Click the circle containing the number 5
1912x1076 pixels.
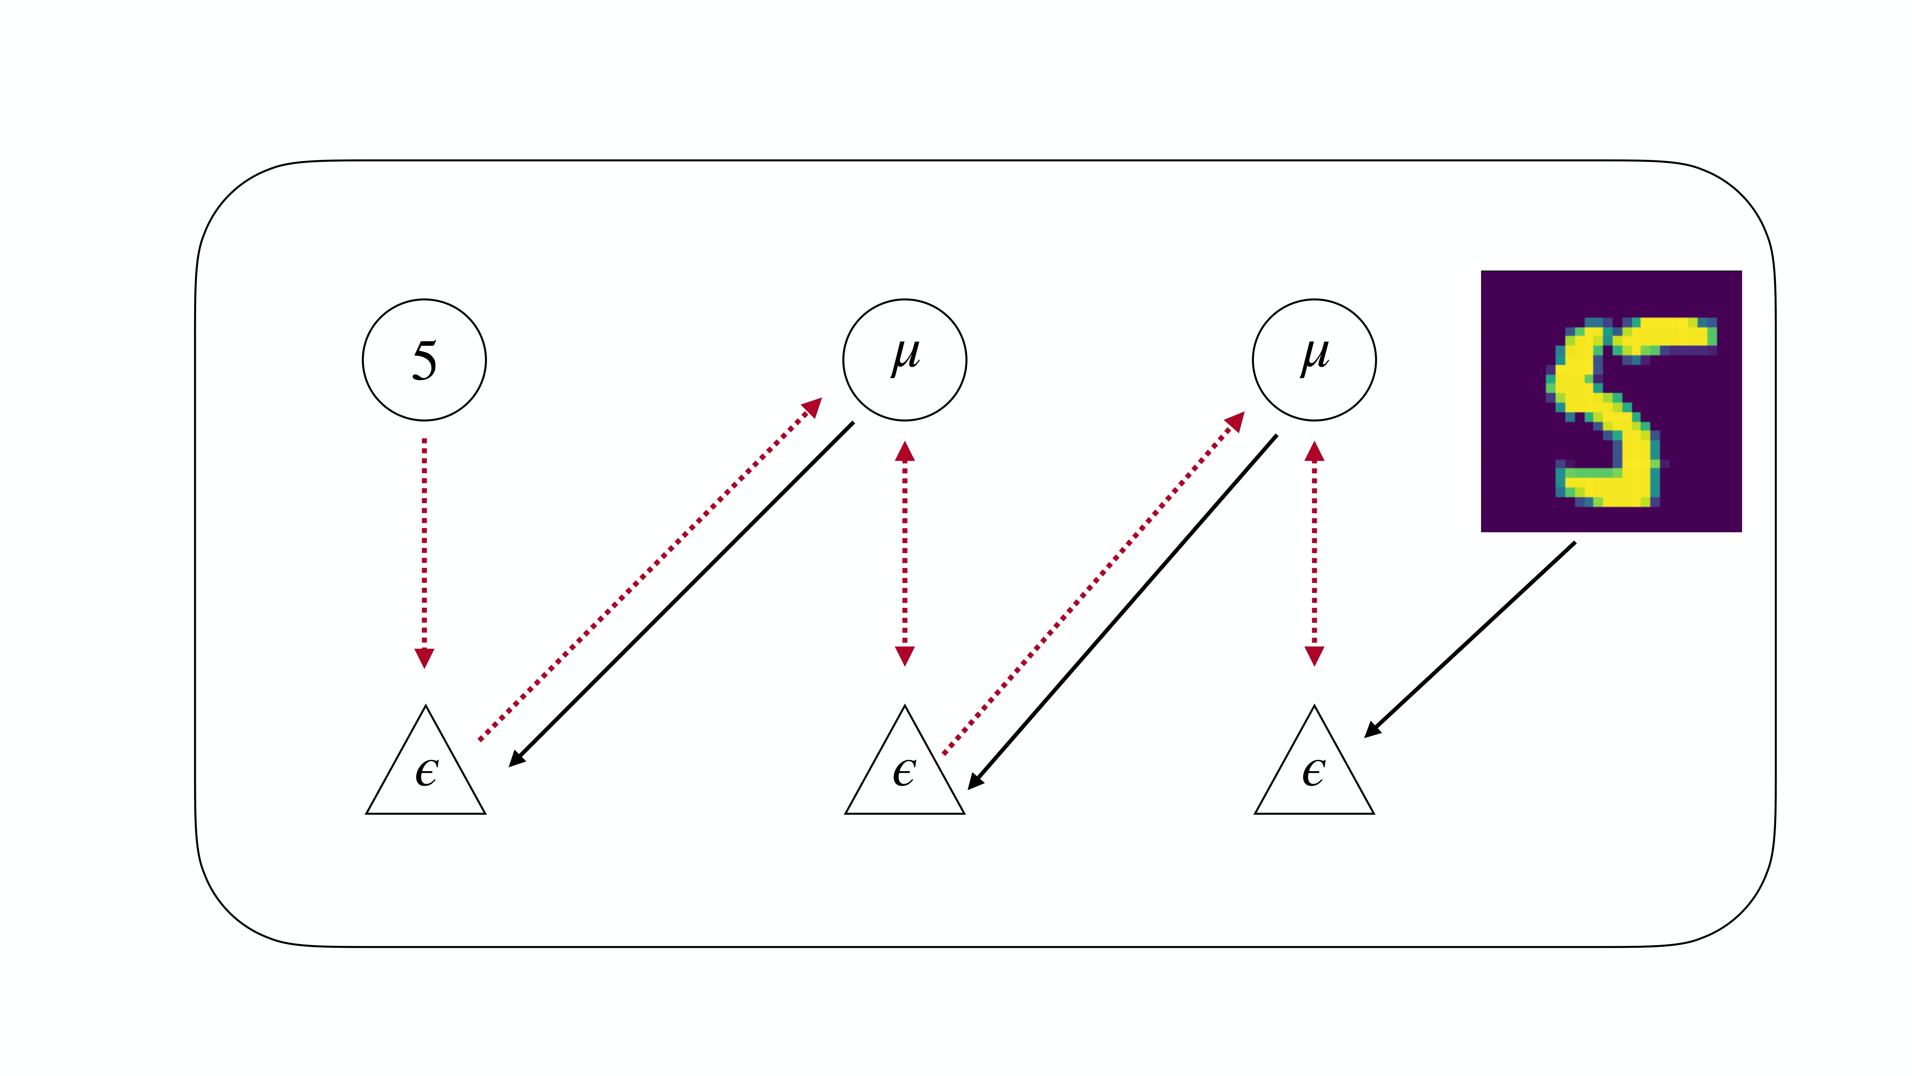pos(424,360)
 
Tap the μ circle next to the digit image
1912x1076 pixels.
pos(1314,360)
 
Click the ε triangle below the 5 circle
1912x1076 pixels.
pos(425,772)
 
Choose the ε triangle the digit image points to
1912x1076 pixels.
pos(1314,772)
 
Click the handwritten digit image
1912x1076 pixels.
pos(1611,401)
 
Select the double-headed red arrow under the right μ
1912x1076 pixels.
pos(1314,553)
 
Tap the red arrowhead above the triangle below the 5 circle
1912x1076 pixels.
pos(424,657)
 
